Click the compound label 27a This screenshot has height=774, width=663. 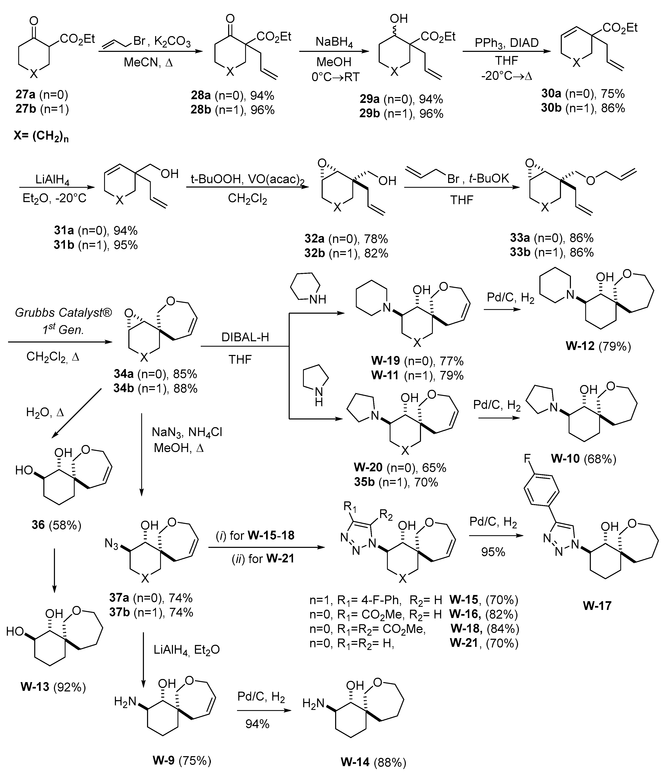pyautogui.click(x=25, y=95)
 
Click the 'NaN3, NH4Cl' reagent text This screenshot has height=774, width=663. pyautogui.click(x=187, y=432)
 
